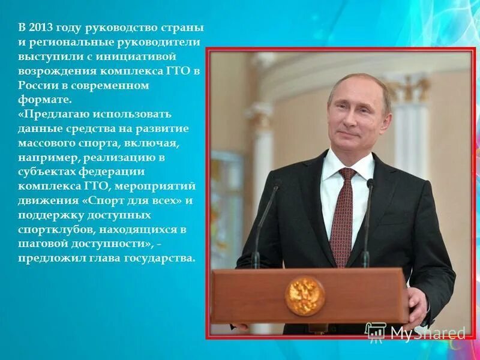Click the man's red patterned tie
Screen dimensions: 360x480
point(343,216)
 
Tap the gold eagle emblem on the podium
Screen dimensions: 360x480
point(305,295)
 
